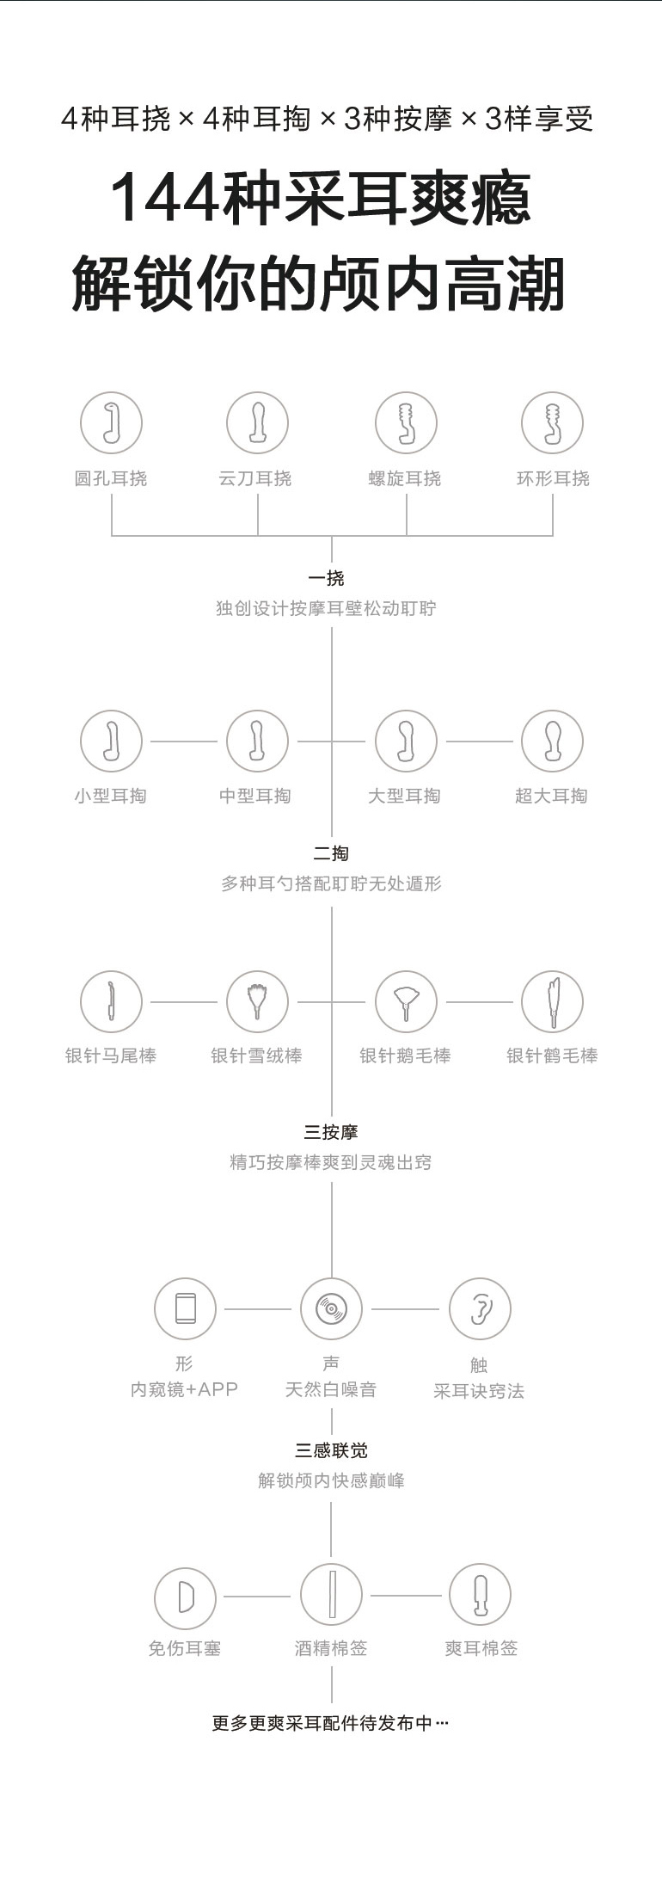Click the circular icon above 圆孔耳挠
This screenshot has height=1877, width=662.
pos(111,422)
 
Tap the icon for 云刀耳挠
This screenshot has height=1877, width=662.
pos(257,422)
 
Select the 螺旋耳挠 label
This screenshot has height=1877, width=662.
pos(405,478)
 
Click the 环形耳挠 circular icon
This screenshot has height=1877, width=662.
pos(552,422)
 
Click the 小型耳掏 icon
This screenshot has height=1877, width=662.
pos(111,741)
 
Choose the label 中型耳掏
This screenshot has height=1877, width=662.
pos(255,796)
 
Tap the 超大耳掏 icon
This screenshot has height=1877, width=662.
pos(552,741)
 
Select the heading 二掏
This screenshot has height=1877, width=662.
pos(331,853)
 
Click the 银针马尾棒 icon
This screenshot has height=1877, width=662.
pos(111,1001)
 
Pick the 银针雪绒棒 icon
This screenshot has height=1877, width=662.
pos(257,1001)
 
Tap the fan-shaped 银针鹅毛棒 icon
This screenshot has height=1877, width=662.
pos(406,1001)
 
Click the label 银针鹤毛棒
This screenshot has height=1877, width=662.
pos(552,1055)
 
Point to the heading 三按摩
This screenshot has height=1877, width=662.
pos(331,1132)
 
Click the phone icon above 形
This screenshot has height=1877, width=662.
pos(185,1308)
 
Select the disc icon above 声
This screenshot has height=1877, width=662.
pos(331,1308)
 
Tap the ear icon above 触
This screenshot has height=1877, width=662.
pos(480,1308)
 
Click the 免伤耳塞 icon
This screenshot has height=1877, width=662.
pos(185,1595)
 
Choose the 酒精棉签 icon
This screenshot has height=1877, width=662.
pos(331,1595)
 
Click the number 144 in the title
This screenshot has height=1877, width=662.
pos(165,199)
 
